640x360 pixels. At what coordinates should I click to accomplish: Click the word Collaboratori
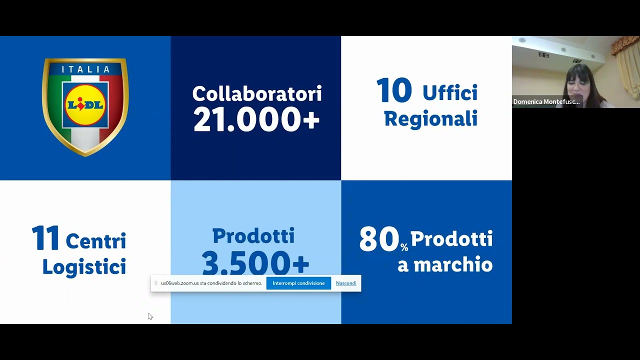(x=256, y=93)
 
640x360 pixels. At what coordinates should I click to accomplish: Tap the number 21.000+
(x=256, y=120)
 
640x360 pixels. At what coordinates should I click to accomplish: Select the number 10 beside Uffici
(x=394, y=91)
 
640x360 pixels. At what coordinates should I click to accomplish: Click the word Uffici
(x=450, y=93)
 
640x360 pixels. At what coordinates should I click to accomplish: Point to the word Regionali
(x=430, y=119)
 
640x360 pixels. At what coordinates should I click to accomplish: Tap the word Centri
(x=96, y=241)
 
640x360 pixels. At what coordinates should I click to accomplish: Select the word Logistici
(x=84, y=267)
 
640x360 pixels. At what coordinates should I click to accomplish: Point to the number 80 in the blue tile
(x=379, y=239)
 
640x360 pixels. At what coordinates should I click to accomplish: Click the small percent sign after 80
(x=404, y=247)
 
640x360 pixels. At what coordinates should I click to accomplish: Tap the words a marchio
(x=445, y=265)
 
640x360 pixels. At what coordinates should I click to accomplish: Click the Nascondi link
(x=346, y=283)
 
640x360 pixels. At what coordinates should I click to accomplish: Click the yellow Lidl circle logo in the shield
(x=85, y=105)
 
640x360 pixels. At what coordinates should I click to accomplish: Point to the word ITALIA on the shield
(x=85, y=69)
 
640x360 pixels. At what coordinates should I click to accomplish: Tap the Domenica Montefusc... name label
(x=546, y=101)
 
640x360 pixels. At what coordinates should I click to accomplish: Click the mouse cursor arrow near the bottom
(x=150, y=316)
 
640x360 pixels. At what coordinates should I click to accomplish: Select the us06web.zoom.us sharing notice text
(x=211, y=283)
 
